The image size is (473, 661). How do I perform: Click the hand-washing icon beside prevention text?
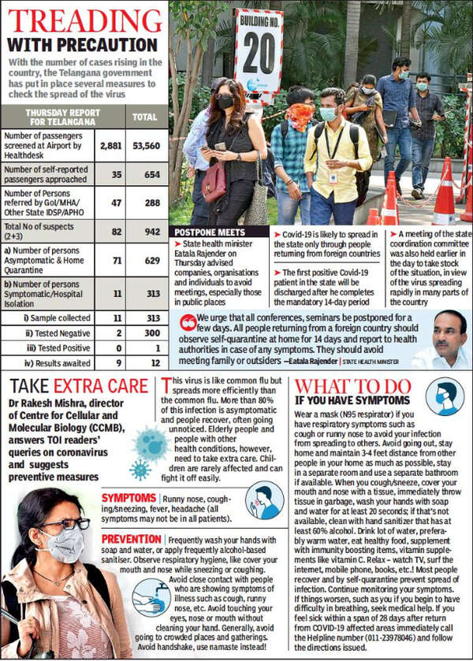[149, 596]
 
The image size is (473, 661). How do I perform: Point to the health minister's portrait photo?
[440, 340]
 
